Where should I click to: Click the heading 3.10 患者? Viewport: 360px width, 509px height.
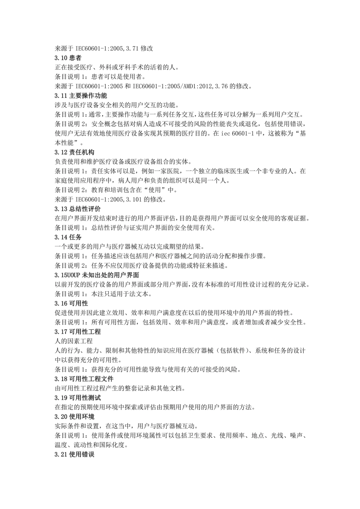pos(68,58)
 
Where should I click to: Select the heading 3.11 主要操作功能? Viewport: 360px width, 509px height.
pos(81,96)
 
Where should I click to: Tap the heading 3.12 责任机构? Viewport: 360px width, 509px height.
pos(75,152)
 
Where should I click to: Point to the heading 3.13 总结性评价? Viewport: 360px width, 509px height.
pos(78,209)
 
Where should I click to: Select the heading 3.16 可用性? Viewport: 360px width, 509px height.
pos(71,303)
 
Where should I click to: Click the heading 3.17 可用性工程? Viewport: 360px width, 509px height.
pos(78,332)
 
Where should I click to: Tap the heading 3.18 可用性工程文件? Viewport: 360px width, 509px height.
pos(84,379)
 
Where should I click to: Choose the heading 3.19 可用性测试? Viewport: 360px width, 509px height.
pos(78,398)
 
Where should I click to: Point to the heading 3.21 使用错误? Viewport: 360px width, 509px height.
pos(75,454)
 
